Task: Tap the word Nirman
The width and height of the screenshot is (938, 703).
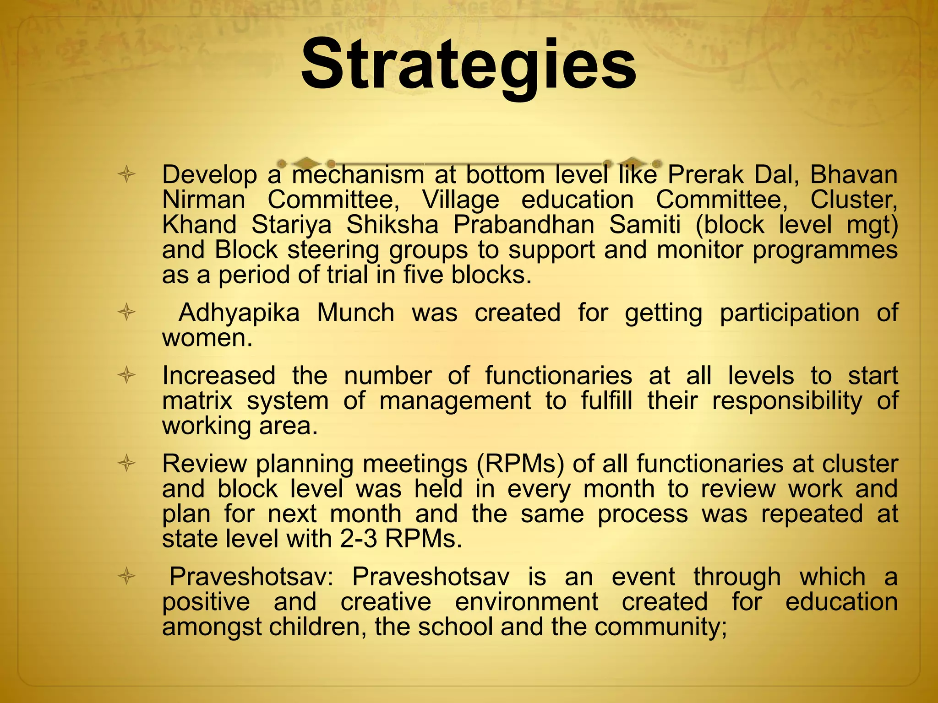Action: [203, 200]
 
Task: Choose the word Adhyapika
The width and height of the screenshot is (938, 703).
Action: [239, 313]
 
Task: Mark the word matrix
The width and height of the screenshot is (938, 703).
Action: [197, 401]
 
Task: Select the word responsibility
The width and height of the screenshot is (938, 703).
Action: [786, 401]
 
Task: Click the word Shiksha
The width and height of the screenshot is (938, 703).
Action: [392, 225]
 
